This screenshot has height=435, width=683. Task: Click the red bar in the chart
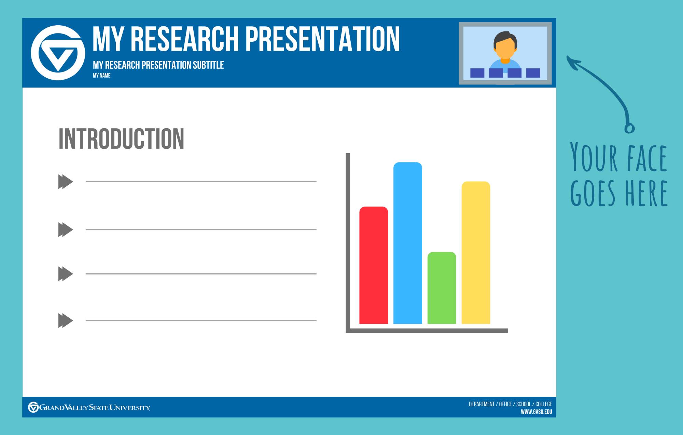pos(374,265)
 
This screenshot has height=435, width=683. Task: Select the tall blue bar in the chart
pos(408,243)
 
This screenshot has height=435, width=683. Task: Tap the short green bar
pos(442,288)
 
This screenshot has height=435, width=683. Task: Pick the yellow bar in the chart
pos(476,252)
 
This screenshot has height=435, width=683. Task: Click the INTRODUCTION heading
pos(121,139)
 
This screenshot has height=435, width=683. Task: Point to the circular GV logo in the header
pos(58,53)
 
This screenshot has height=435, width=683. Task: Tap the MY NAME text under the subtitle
pos(101,76)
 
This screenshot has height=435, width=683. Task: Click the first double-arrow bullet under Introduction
pos(66,182)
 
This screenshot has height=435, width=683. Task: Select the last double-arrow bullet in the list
pos(66,320)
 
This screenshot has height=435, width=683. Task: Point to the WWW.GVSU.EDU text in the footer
pos(536,412)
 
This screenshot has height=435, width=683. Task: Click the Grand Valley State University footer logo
pos(89,407)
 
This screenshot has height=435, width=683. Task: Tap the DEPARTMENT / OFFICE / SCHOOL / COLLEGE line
pos(510,404)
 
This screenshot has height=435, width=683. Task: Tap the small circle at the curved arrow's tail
pos(629,128)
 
